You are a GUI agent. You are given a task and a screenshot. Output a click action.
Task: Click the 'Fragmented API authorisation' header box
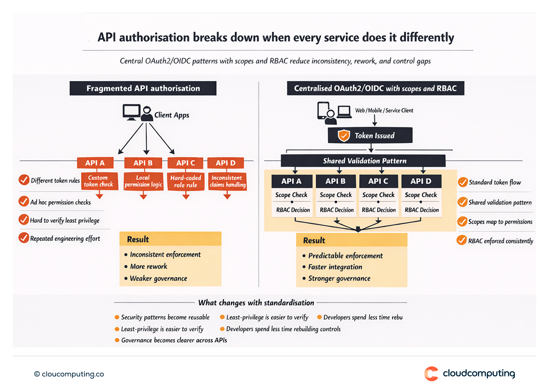143,88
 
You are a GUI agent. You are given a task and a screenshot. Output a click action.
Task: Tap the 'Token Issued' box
370,135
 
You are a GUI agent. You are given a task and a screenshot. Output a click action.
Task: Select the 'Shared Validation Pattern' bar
363,161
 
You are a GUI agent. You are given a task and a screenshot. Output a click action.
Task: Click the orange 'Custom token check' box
99,181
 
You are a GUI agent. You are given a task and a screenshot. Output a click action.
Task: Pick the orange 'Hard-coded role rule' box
186,181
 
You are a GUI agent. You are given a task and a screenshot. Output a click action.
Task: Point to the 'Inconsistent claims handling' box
227,181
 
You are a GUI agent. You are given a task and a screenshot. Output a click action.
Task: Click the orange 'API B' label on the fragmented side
143,163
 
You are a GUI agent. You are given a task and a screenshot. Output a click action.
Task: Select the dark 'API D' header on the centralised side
421,181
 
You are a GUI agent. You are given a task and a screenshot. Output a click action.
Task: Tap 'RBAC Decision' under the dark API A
293,210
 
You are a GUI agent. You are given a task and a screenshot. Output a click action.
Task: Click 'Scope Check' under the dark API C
378,195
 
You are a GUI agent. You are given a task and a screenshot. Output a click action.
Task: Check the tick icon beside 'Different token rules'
24,180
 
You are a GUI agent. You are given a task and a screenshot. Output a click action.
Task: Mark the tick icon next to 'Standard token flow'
463,182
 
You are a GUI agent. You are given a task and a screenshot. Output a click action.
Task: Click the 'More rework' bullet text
148,267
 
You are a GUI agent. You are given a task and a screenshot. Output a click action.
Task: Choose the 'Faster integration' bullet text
335,267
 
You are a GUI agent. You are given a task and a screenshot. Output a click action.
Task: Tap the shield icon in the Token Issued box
344,135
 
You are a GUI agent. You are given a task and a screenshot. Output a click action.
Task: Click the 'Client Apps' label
171,115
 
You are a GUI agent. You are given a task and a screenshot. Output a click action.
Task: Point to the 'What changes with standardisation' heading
256,303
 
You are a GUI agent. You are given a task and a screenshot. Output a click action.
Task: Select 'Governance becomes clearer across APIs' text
174,340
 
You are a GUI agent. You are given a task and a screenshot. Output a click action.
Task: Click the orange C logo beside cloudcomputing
431,374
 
